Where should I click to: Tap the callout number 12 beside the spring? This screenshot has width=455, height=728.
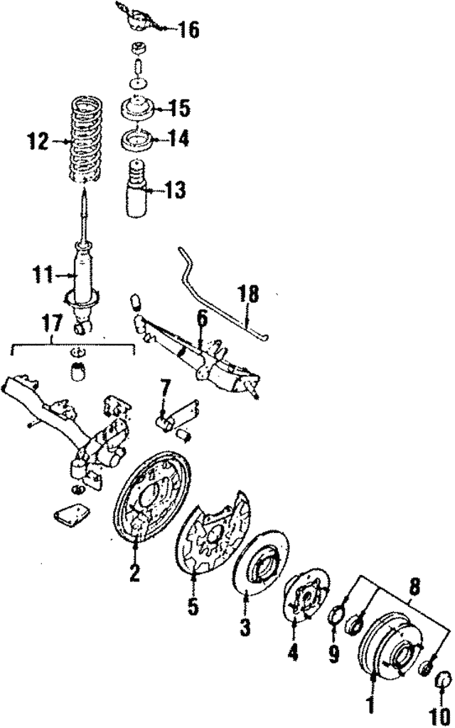coord(38,142)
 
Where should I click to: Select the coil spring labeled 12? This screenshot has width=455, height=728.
coord(85,139)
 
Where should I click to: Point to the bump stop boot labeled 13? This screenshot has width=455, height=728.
coord(136,189)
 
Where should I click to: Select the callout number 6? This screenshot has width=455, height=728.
coord(201,319)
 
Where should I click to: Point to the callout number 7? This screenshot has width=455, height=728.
coord(165,387)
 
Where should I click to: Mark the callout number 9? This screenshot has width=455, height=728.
coord(333,654)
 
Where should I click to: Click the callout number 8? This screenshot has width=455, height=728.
coord(414,589)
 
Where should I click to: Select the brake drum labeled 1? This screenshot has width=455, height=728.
coord(390,643)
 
